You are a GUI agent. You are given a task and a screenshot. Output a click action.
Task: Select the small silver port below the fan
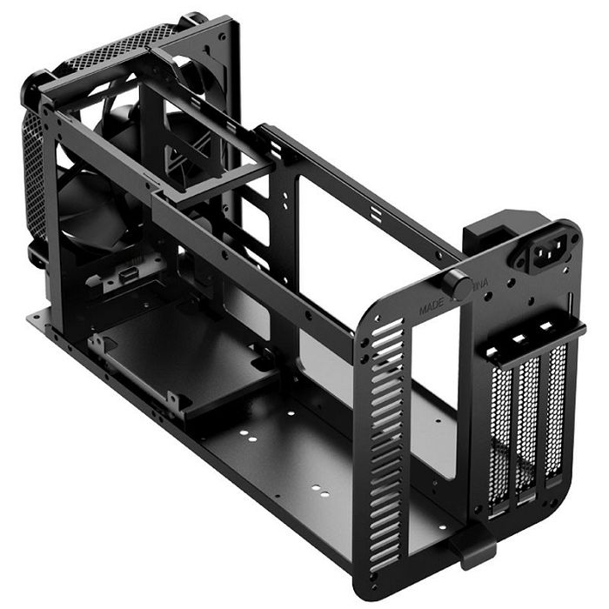point(123,276)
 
